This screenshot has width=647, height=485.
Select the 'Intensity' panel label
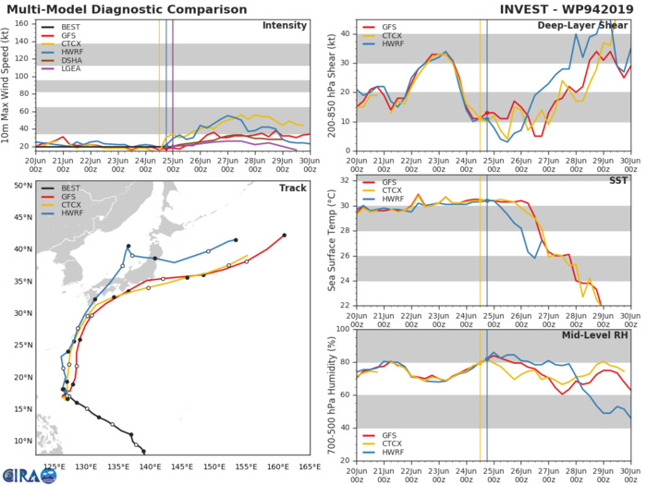coord(285,25)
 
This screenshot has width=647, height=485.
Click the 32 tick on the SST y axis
coord(344,180)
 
